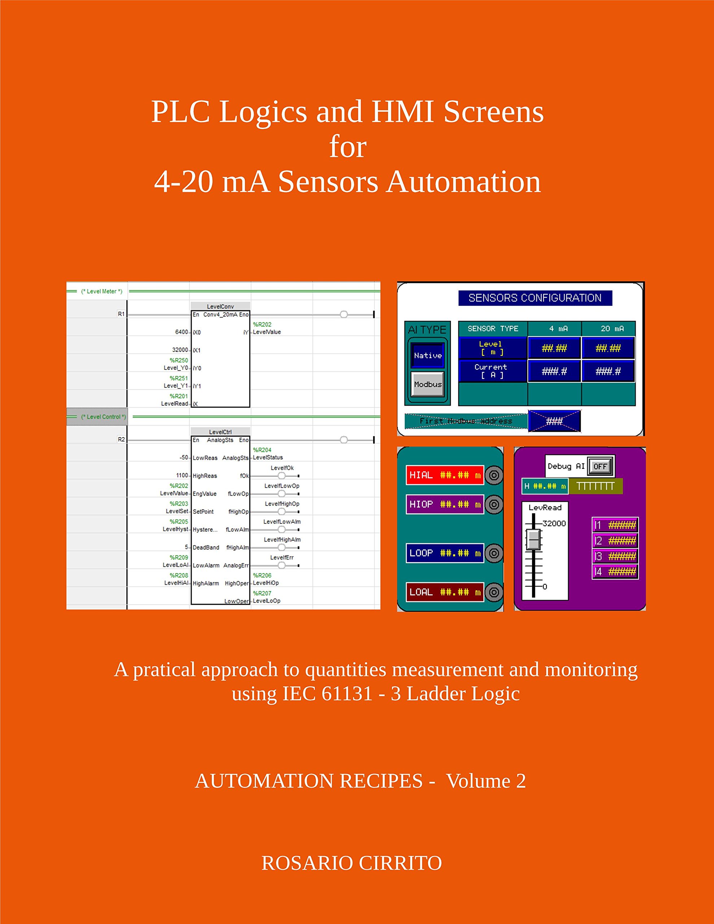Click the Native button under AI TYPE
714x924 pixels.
[x=427, y=356]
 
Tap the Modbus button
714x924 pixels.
[x=427, y=384]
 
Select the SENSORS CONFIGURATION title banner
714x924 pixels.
[x=535, y=298]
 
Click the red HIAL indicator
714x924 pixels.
[x=444, y=475]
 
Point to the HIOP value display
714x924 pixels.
[x=444, y=504]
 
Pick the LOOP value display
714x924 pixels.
[x=444, y=553]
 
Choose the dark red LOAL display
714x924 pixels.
[x=444, y=592]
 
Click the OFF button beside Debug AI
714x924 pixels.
[x=600, y=466]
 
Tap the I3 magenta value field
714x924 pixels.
[x=615, y=556]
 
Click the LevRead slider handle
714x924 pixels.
[x=534, y=540]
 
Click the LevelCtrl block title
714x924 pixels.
[x=220, y=432]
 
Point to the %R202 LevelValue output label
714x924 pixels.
[x=267, y=328]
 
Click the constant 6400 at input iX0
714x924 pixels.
[x=181, y=332]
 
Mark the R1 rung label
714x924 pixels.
[x=121, y=314]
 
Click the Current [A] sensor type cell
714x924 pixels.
[x=491, y=371]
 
